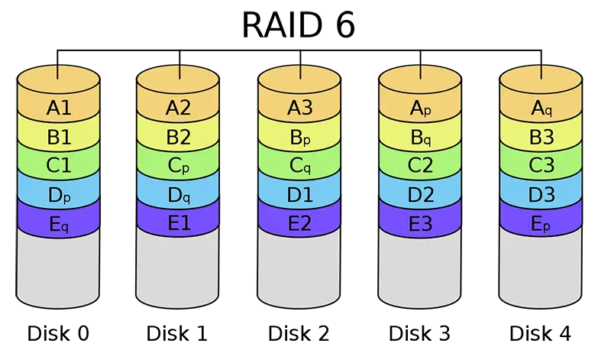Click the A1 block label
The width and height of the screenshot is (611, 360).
click(x=59, y=109)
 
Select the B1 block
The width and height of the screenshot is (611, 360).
click(x=59, y=138)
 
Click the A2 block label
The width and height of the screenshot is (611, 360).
click(x=178, y=109)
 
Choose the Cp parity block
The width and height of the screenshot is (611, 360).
click(x=178, y=166)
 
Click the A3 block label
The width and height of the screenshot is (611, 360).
click(x=299, y=109)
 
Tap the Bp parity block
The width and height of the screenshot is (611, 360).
click(x=299, y=138)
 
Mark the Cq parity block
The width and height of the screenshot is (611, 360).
click(x=299, y=166)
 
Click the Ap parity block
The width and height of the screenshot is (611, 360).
click(x=421, y=109)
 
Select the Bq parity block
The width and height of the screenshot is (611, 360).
click(x=421, y=138)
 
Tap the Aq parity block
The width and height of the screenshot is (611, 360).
click(x=541, y=109)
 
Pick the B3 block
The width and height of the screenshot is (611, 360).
click(x=541, y=138)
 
